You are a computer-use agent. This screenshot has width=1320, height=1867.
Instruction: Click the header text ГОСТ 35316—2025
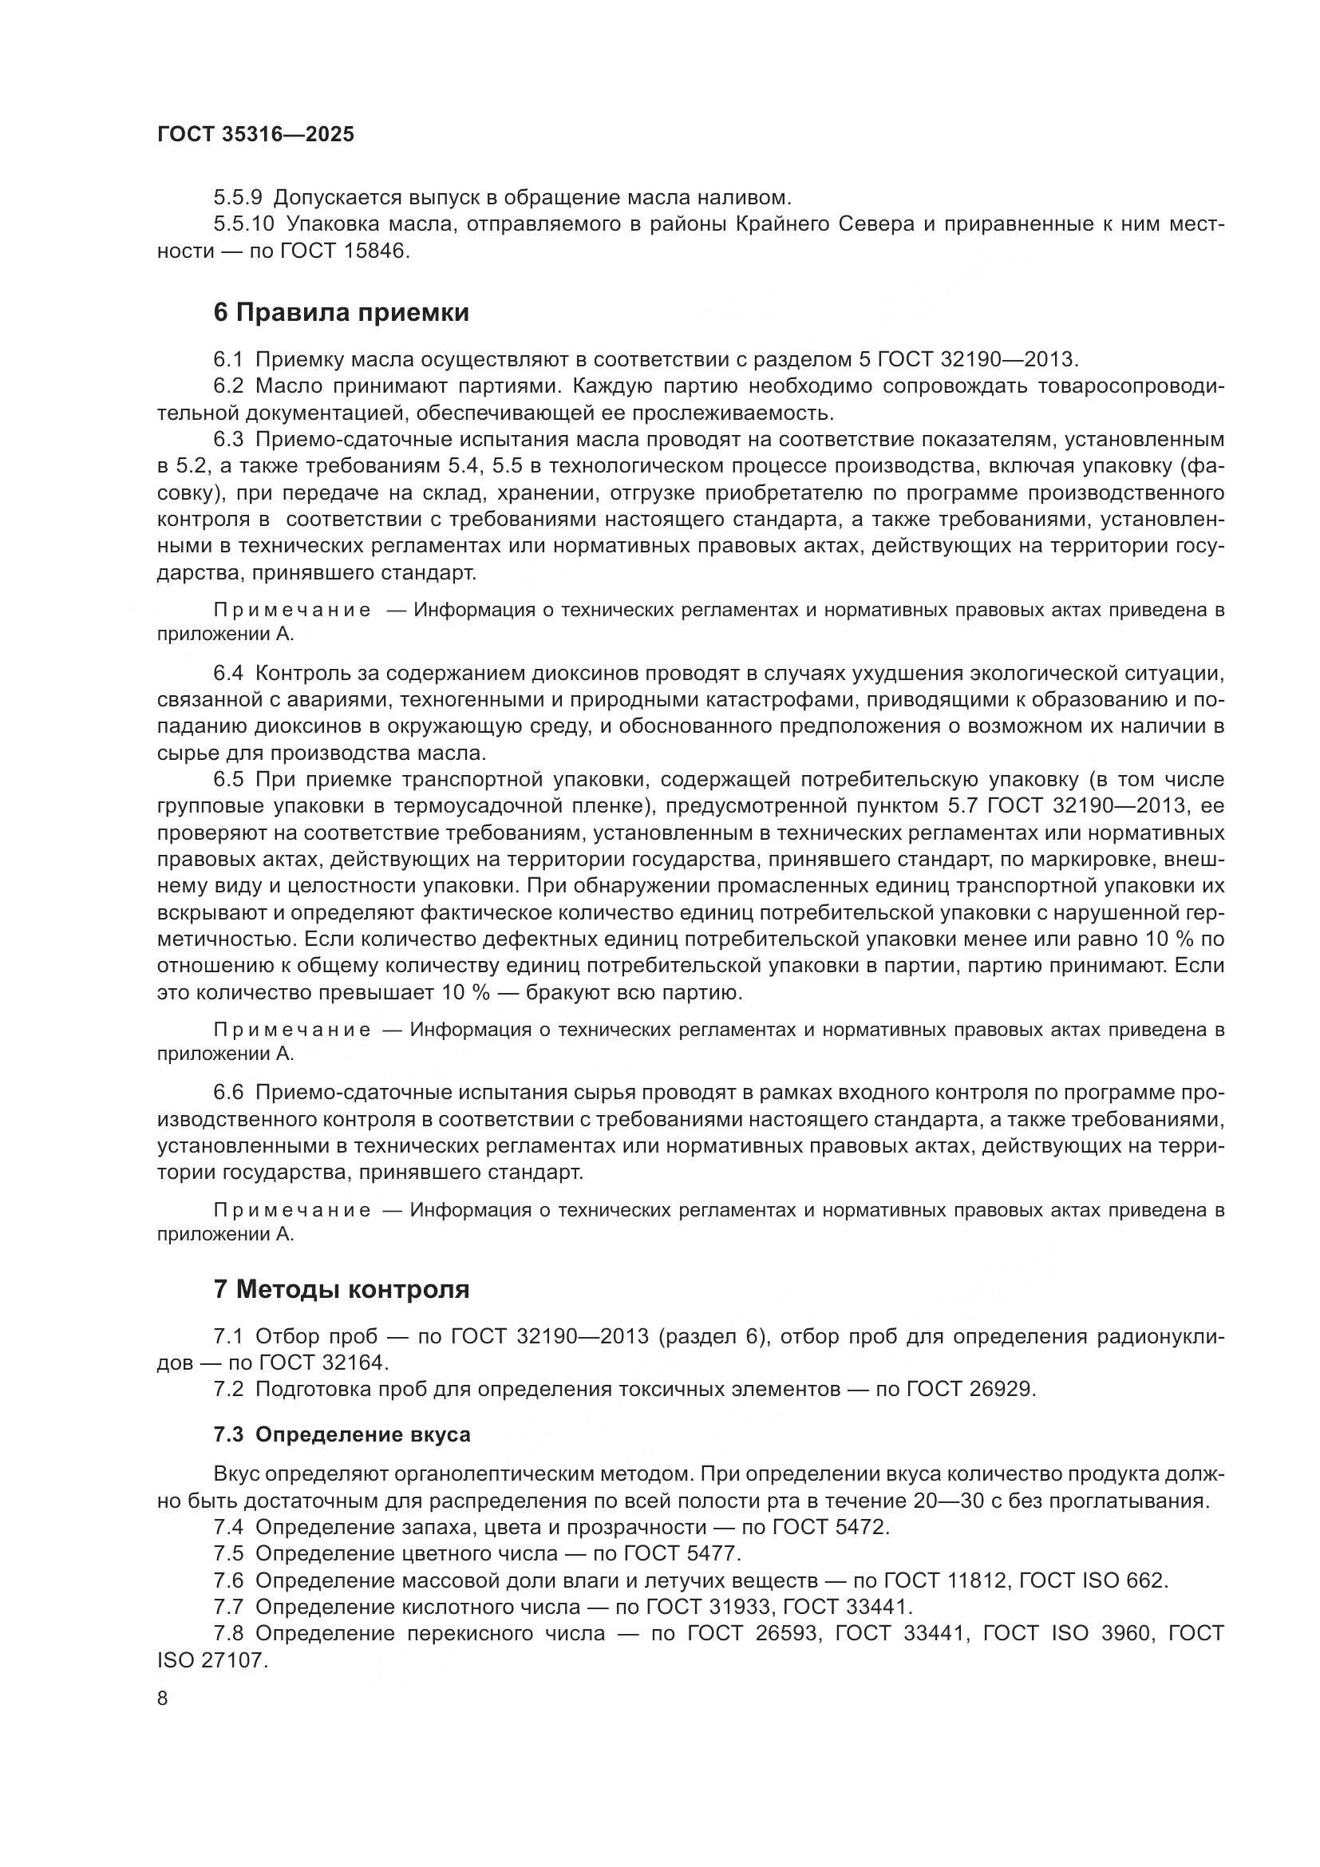(255, 135)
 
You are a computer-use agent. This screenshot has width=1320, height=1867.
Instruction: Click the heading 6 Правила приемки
(342, 313)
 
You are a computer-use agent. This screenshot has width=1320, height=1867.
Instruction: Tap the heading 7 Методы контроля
(342, 1290)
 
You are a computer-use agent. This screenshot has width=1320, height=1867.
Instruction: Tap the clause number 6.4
(228, 674)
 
